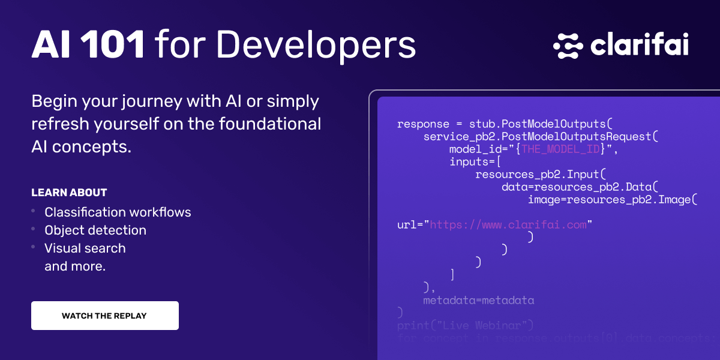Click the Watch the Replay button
pyautogui.click(x=104, y=316)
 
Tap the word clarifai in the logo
pyautogui.click(x=639, y=46)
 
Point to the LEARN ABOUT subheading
pyautogui.click(x=69, y=193)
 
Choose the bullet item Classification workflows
pyautogui.click(x=118, y=212)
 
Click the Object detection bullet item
pyautogui.click(x=95, y=230)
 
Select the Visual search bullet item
pyautogui.click(x=85, y=248)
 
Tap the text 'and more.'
pyautogui.click(x=75, y=266)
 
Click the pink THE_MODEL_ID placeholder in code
pyautogui.click(x=560, y=149)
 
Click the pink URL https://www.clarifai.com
pyautogui.click(x=508, y=225)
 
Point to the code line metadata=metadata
pyautogui.click(x=478, y=300)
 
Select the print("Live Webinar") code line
pyautogui.click(x=465, y=325)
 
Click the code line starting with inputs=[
pyautogui.click(x=475, y=162)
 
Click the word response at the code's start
pyautogui.click(x=423, y=124)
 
